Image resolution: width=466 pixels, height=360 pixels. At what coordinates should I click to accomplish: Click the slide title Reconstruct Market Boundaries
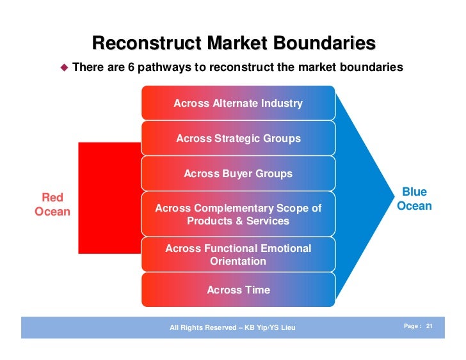click(234, 43)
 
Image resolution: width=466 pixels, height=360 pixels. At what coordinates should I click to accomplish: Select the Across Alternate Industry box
click(237, 103)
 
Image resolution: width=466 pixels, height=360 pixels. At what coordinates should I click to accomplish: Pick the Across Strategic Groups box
click(237, 138)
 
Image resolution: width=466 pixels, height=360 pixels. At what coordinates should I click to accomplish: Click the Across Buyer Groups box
click(237, 173)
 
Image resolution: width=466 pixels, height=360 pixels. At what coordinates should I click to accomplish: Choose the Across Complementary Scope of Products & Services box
click(237, 215)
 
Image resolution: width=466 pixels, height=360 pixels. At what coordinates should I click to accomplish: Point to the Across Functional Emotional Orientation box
click(237, 254)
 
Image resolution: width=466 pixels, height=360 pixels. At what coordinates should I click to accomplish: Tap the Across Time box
click(237, 290)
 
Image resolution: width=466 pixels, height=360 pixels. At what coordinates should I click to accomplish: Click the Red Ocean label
click(52, 204)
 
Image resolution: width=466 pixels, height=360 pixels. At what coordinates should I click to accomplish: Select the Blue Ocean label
click(414, 199)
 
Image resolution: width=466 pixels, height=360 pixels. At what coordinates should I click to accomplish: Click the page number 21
click(430, 327)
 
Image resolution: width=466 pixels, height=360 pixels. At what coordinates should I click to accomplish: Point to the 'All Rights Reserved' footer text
click(232, 328)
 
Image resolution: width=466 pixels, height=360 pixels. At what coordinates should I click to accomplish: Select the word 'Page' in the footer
click(411, 327)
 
